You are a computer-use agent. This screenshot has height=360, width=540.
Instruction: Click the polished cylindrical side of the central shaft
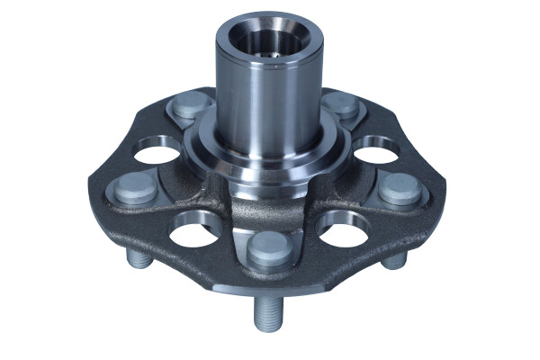[x=270, y=99]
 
